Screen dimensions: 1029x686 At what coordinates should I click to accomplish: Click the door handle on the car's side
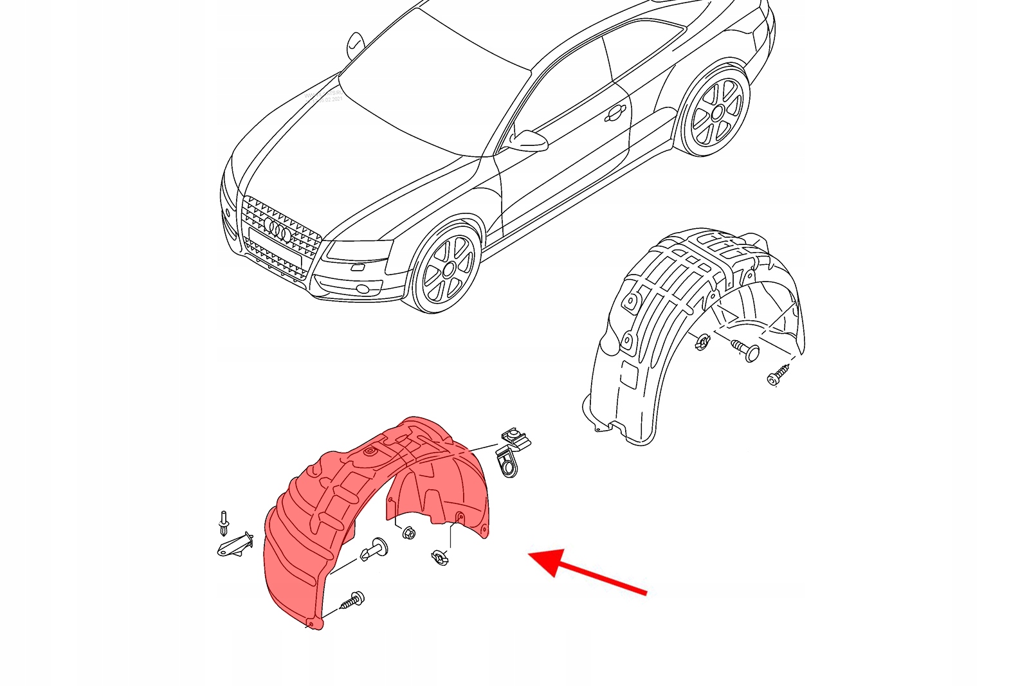tap(615, 114)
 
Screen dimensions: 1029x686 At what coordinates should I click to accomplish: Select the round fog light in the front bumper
tap(364, 288)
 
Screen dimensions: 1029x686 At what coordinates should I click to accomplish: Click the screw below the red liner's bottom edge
tap(351, 601)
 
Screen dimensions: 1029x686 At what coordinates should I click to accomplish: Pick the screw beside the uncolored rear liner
tap(779, 375)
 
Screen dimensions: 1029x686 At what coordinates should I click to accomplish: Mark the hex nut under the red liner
tap(408, 533)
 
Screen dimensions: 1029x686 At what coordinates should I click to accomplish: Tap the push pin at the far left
tap(223, 523)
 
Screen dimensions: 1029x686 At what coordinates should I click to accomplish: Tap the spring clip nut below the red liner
tap(441, 557)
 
